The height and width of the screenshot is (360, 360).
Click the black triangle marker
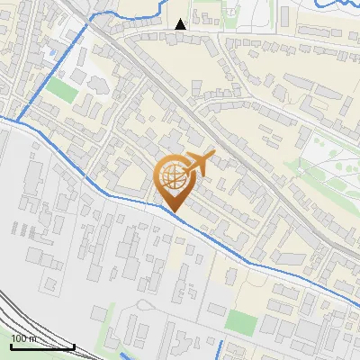point(181,24)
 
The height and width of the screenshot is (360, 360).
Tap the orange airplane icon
point(197,164)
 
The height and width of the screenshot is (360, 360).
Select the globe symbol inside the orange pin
point(172,177)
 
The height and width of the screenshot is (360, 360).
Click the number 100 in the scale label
point(20,338)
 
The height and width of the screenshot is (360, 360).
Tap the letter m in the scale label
point(34,338)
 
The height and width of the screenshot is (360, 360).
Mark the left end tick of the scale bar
point(11,346)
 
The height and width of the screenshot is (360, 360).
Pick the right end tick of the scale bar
point(74,346)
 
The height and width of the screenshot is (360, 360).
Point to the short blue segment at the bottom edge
point(220,350)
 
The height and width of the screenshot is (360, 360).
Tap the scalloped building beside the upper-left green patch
point(97,83)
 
